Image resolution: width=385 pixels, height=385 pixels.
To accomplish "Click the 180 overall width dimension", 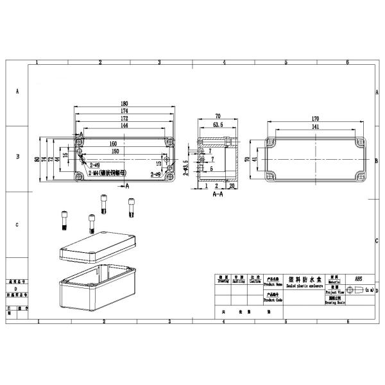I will click(124, 104).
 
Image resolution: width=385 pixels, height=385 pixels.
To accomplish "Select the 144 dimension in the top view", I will click(124, 126).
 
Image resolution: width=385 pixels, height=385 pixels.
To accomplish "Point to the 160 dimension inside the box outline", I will click(113, 144).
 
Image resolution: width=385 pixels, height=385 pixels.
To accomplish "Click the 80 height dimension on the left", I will click(37, 158).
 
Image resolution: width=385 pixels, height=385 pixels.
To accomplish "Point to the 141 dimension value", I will click(316, 126).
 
